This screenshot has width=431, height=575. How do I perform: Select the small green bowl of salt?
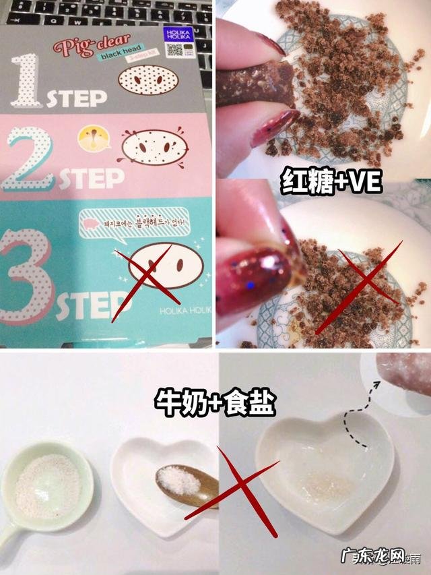(x=47, y=485)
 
